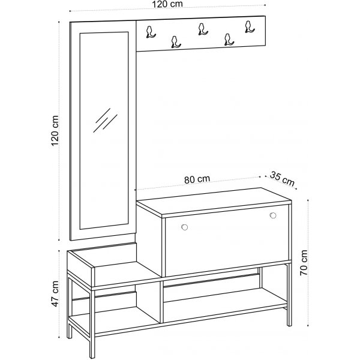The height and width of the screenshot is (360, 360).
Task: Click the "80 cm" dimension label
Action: click(x=197, y=179)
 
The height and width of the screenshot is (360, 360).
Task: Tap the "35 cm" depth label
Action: click(x=282, y=178)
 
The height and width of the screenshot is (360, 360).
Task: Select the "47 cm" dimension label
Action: click(x=56, y=292)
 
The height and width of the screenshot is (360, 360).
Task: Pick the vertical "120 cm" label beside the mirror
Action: click(x=56, y=131)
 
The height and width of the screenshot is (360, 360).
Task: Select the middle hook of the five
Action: click(x=201, y=28)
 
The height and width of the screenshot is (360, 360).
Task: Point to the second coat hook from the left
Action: click(x=175, y=41)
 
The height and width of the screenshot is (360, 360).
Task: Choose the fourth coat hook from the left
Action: click(x=227, y=39)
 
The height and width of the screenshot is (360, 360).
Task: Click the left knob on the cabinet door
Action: click(x=184, y=226)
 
